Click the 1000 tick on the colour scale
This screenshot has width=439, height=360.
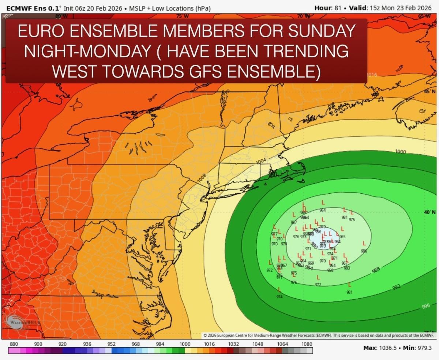185,344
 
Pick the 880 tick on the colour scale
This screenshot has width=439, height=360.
14,344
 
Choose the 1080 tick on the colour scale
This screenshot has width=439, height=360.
307,344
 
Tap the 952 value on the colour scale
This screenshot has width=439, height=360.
112,344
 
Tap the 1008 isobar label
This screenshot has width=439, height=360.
202,177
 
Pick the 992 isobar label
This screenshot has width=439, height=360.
397,287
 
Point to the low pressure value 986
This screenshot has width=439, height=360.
364,251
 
